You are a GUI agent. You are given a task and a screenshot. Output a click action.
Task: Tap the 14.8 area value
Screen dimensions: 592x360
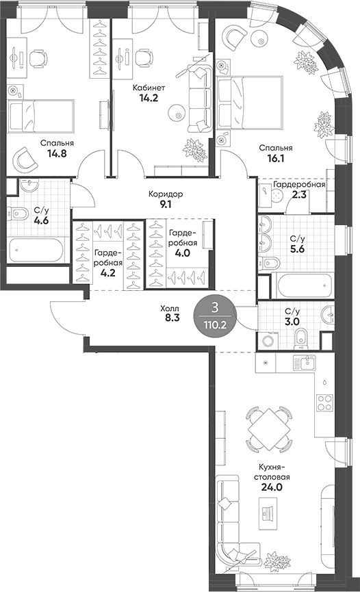coord(57,155)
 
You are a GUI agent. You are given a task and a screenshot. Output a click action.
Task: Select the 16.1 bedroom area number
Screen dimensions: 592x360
coord(276,159)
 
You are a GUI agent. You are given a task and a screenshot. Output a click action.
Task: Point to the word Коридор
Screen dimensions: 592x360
coord(165,194)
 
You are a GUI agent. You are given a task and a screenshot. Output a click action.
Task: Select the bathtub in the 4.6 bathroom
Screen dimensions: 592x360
coord(38,248)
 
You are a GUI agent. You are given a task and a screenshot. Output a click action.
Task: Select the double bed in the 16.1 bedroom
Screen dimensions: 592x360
coord(250,101)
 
